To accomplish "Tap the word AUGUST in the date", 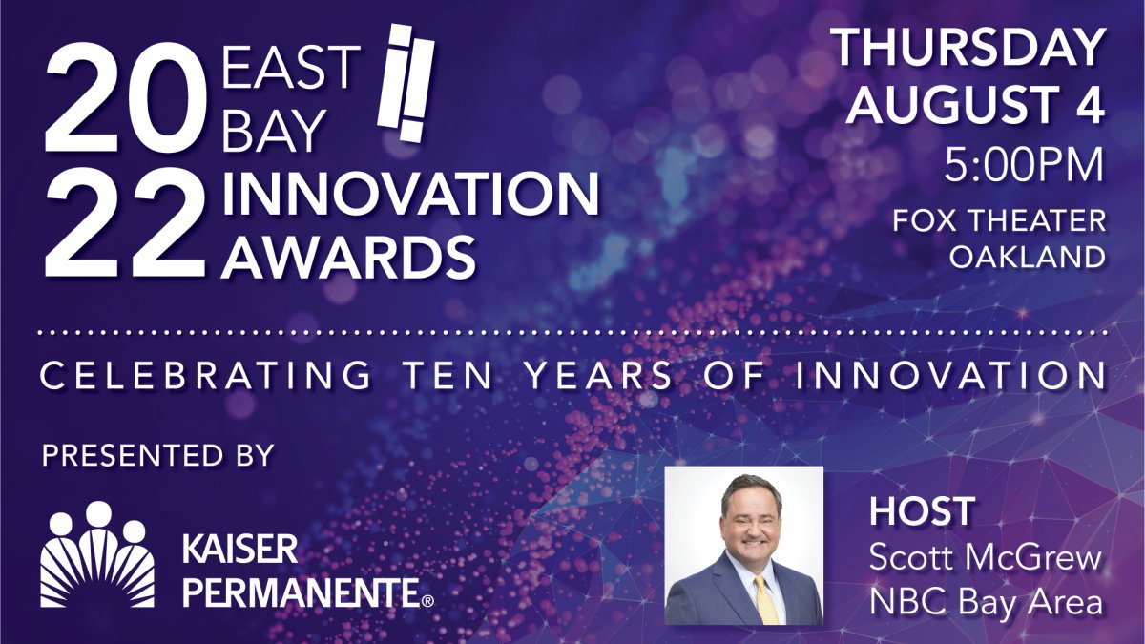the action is tap(948, 105).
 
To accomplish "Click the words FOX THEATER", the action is tap(999, 221).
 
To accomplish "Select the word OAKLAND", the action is tap(1028, 257).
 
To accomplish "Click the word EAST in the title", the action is tap(291, 67).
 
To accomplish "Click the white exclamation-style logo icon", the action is tap(406, 83).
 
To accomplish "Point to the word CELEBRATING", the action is tap(205, 375).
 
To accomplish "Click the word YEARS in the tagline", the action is tap(599, 375).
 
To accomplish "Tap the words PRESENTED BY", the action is tap(158, 455).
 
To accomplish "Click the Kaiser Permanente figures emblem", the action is tap(97, 554).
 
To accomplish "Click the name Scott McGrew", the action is tap(986, 557).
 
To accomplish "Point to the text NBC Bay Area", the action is tap(986, 602).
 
